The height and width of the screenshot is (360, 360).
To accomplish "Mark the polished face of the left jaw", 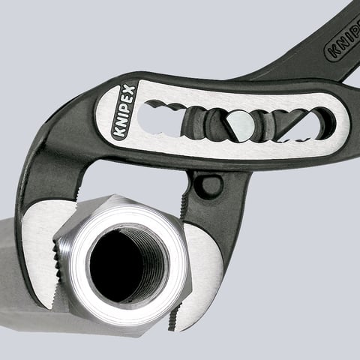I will (x=39, y=255).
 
